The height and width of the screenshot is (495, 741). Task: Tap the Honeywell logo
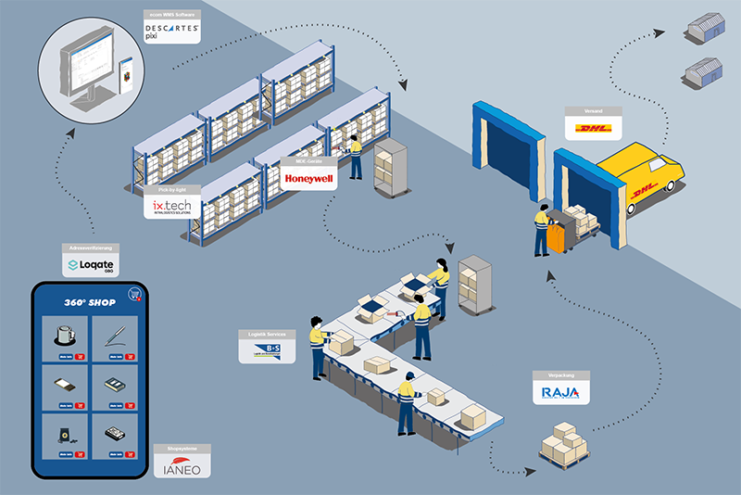click(308, 177)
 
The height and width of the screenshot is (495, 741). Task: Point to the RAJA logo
click(560, 393)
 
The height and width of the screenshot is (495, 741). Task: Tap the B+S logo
click(265, 350)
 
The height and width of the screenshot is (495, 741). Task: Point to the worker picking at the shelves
click(354, 156)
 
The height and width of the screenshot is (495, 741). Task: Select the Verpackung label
click(560, 375)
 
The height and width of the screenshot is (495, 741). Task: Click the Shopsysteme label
click(182, 449)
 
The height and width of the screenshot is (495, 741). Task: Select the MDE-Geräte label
click(308, 160)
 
